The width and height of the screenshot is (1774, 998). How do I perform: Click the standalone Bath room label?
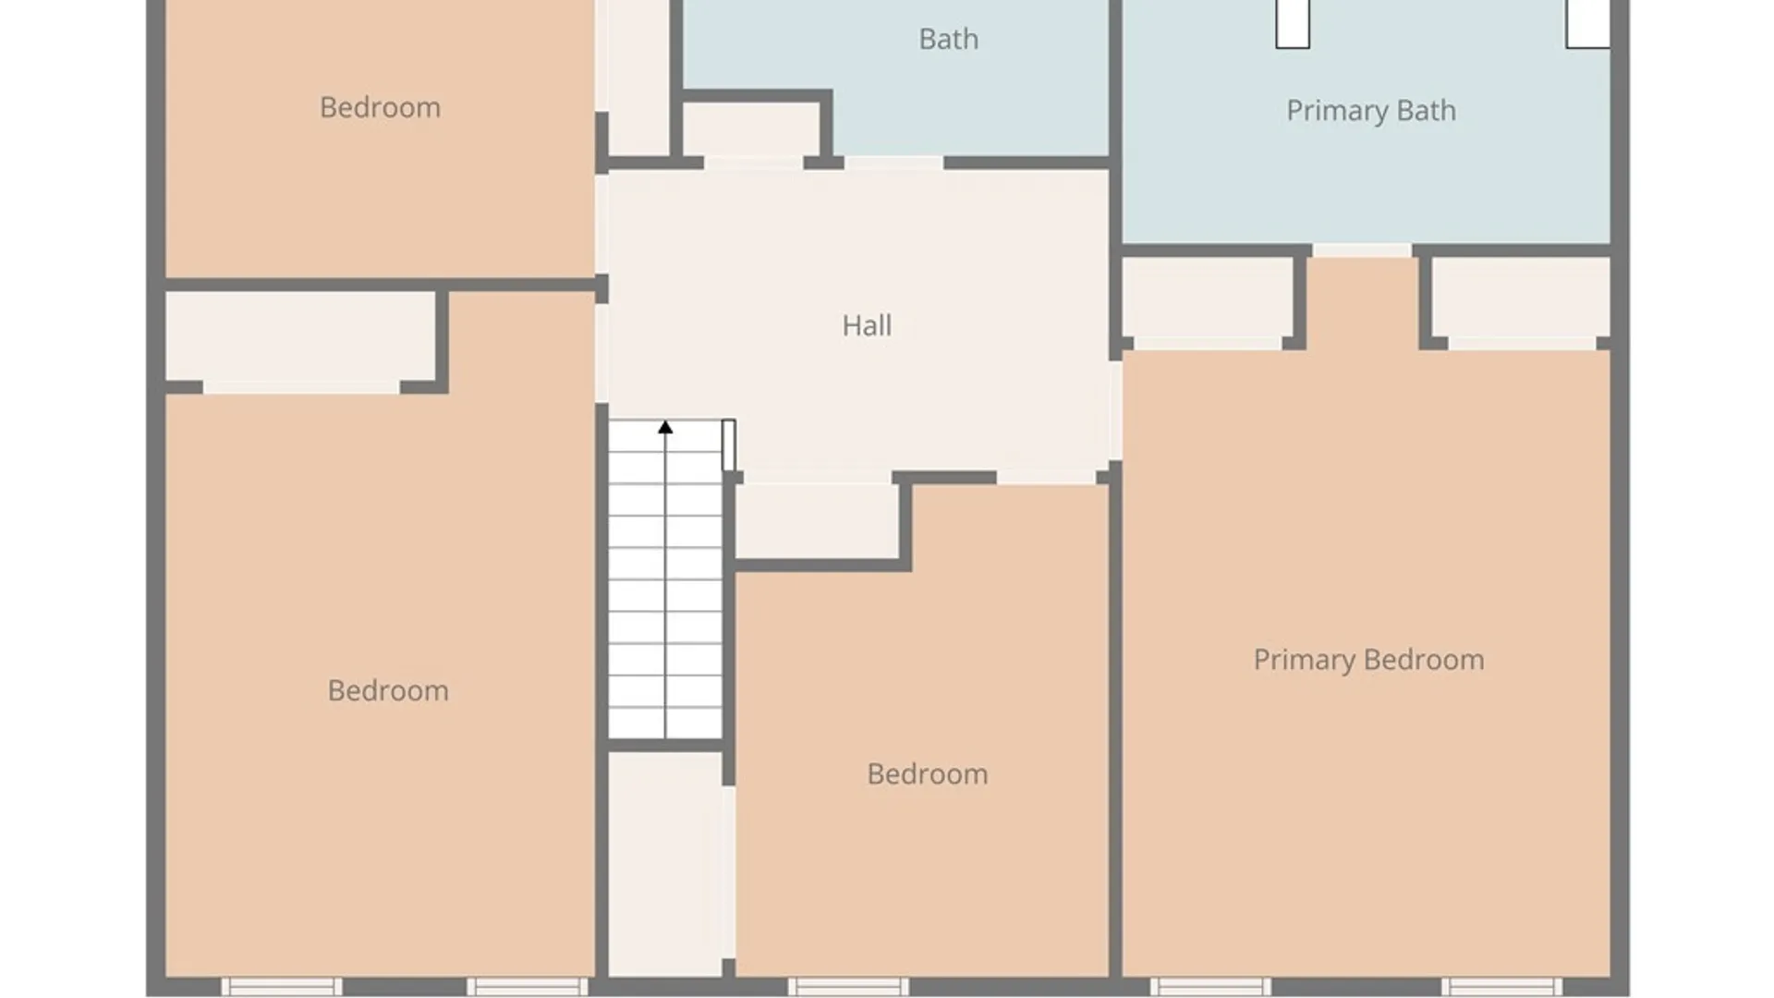[948, 39]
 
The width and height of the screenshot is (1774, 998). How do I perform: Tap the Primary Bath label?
[1371, 111]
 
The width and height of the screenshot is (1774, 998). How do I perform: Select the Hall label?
[867, 325]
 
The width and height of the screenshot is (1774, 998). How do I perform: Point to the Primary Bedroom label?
[1368, 660]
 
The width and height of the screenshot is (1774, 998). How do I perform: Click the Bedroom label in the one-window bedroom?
[928, 773]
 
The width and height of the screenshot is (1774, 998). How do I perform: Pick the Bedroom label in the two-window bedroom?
[388, 690]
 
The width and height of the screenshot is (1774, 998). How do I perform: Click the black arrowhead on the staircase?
[665, 427]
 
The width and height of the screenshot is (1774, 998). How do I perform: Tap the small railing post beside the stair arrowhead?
[729, 445]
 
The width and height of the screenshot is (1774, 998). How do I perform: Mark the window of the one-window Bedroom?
[848, 987]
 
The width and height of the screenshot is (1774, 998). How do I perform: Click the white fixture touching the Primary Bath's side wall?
[1587, 24]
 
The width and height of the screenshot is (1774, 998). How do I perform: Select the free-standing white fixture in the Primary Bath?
[1293, 24]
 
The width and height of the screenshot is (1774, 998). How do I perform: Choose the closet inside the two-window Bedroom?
[300, 337]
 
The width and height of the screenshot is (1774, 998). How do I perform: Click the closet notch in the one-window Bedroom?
[817, 520]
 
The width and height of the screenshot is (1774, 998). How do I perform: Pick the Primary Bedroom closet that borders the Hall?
[1208, 298]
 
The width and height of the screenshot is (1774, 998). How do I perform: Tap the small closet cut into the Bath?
[752, 129]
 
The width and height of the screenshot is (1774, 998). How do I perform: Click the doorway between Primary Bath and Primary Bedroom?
[1362, 250]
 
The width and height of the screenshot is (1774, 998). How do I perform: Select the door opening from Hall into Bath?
[893, 164]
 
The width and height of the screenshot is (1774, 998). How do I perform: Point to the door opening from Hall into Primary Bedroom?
[1115, 410]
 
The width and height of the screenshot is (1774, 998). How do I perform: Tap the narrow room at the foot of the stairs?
[665, 864]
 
